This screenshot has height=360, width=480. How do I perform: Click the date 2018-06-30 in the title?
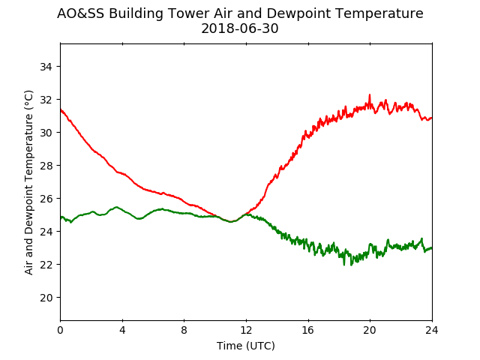pos(240,28)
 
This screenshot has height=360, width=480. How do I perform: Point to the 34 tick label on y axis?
pos(46,67)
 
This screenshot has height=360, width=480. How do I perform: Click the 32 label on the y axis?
pos(46,100)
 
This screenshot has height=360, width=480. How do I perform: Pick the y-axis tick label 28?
pos(46,166)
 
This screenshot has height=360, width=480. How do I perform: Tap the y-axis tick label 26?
pos(46,199)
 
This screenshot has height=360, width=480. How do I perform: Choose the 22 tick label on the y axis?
pos(46,265)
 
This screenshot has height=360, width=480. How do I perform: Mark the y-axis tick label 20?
pos(46,298)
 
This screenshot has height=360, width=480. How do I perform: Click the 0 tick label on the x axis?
pos(60,330)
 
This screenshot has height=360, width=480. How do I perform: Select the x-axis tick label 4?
pos(122,330)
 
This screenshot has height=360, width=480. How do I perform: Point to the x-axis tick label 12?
pos(246,330)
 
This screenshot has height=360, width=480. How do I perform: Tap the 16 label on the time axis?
pos(308,330)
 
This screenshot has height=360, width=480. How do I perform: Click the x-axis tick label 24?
pos(432,330)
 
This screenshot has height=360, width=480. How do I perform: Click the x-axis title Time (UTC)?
pos(246,346)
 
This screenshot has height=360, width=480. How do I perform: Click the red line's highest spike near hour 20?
pos(370,94)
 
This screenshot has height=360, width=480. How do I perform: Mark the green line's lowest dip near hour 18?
pos(344,265)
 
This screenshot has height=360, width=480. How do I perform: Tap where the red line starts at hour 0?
pos(61,109)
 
